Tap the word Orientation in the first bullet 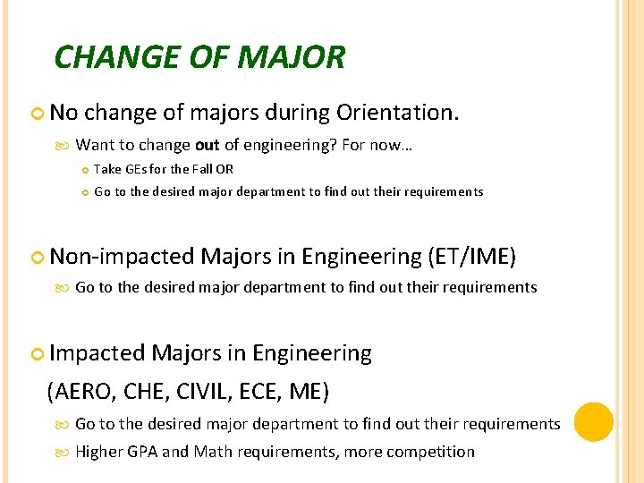click(397, 113)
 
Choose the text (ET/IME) click(471, 257)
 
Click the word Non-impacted click(123, 257)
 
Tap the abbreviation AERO click(86, 391)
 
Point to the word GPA click(142, 452)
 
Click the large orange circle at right click(593, 422)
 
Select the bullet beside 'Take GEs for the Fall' click(84, 169)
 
